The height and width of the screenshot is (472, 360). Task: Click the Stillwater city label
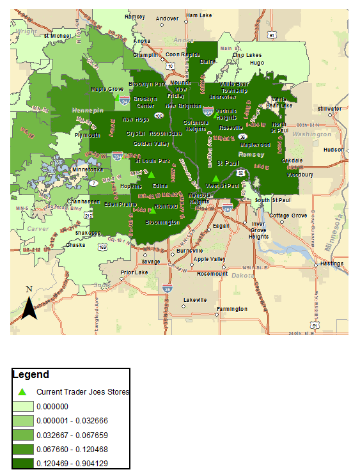click(330, 108)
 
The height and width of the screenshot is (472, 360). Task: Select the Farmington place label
click(231, 309)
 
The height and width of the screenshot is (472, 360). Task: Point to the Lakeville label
click(195, 299)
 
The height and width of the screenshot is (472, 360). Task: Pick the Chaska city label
click(75, 244)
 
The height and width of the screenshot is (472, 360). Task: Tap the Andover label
click(168, 19)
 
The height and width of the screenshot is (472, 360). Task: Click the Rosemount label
click(213, 273)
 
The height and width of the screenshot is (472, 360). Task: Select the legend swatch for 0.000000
click(23, 406)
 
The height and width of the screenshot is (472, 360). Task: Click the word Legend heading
click(31, 375)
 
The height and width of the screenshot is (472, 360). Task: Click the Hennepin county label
click(89, 110)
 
